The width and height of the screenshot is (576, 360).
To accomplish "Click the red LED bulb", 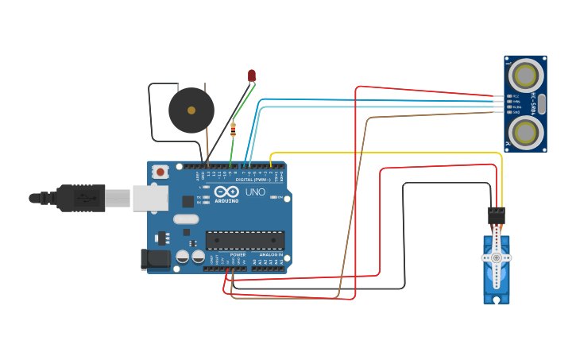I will tap(252, 75).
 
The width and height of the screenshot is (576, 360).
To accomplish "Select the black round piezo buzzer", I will tap(191, 110).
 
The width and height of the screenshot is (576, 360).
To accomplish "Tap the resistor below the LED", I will tap(233, 129).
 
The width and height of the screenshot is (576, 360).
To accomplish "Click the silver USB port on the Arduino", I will tap(149, 198).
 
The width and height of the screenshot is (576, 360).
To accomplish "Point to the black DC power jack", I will tap(154, 258).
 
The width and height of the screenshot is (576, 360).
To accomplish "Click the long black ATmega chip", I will tap(245, 240).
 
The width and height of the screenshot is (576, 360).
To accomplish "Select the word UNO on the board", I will tap(255, 192).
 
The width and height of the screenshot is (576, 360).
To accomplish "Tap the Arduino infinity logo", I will tap(226, 192).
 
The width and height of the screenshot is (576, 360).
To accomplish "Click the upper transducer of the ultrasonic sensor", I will tap(525, 75).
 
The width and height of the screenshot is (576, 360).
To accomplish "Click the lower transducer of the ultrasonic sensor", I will tap(525, 133).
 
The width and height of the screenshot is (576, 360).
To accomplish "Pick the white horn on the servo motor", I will tap(497, 258).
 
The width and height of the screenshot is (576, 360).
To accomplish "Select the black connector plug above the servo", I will tap(497, 215).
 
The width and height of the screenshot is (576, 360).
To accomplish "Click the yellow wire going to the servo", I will tap(381, 153).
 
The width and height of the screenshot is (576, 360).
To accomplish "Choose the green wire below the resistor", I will tap(232, 151).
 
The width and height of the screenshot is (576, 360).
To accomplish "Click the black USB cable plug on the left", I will tap(80, 198).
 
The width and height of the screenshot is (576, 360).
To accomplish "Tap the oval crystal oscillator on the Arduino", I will tap(185, 219).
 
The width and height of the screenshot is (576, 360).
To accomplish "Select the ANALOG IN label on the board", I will tap(271, 254).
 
